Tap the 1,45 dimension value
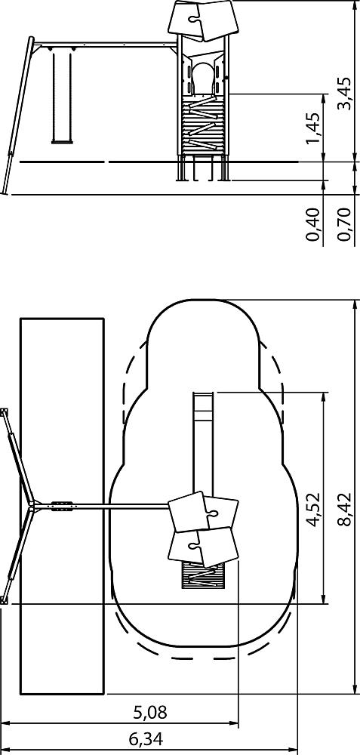tap(313, 128)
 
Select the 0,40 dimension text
tap(313, 224)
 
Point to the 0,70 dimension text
tap(345, 224)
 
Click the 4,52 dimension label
tap(313, 510)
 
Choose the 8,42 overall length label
tap(346, 510)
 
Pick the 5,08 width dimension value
tap(150, 712)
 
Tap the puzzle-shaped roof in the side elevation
tap(201, 20)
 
